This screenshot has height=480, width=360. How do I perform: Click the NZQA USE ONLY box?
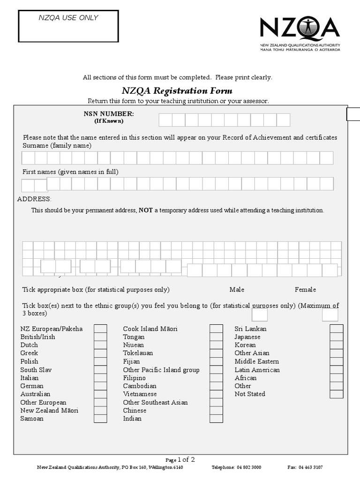coord(68,26)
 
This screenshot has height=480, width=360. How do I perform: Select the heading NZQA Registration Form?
coord(177,90)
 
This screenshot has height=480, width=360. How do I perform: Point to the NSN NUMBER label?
coord(109,114)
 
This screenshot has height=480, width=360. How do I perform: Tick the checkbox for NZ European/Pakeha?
coord(100,329)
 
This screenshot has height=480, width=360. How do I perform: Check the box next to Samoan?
coord(100,419)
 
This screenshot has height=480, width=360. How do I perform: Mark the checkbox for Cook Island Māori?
coord(216,329)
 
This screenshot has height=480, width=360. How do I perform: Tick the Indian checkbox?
coord(216,419)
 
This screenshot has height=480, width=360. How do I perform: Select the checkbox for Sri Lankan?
coord(336,329)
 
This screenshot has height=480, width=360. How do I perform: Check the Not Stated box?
coord(336,394)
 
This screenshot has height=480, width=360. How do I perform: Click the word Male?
coord(237,290)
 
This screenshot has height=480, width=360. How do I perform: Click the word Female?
coord(305,290)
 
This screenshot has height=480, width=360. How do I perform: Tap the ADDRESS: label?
coord(34,199)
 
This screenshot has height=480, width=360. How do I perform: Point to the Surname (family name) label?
coord(57,146)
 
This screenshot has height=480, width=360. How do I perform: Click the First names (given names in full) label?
coord(70,172)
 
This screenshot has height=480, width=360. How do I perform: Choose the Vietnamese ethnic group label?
coord(140,394)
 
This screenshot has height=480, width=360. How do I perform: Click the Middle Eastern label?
coord(256,361)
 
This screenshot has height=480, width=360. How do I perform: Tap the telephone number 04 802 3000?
coord(249,467)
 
